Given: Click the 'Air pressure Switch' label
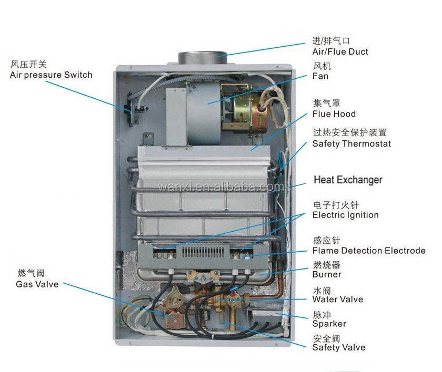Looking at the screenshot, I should tap(51, 75).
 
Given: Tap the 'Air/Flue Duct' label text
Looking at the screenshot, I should tap(340, 51).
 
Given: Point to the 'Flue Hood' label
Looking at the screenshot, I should tap(334, 114).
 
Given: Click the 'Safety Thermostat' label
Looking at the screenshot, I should tap(351, 143).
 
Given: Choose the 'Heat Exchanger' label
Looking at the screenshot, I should tap(348, 180).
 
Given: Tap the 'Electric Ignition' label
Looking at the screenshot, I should tap(345, 215).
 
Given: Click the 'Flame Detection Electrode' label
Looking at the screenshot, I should tap(369, 251).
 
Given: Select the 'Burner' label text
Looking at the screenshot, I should tap(327, 274).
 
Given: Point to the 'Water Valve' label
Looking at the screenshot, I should tap(337, 299).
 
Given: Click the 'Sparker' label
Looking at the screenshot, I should tap(329, 324).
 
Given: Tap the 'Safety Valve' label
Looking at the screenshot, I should tap(338, 347).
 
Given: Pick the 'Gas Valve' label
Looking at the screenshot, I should tap(37, 284).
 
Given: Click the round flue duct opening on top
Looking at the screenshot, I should tap(203, 56).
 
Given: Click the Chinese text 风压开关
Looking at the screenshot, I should tap(28, 65).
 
